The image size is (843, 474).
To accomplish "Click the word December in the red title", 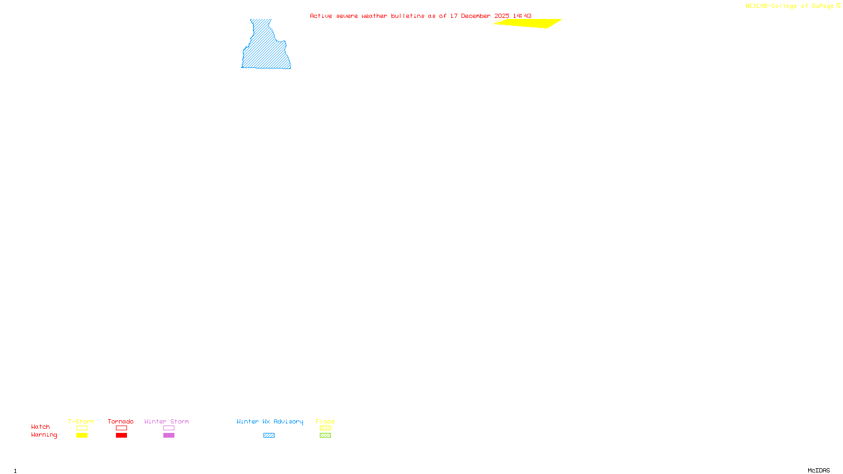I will (475, 16).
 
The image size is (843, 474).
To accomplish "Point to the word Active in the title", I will (321, 16).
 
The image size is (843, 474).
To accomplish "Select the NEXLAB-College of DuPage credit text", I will (789, 6).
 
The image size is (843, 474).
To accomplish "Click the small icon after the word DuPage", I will (838, 6).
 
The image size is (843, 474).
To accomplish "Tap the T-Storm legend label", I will (81, 421).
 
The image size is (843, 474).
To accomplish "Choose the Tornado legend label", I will (121, 421).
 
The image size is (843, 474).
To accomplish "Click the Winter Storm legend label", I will (166, 421).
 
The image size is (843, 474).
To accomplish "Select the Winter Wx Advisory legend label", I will (270, 421).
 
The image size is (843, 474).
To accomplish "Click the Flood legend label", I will (325, 421).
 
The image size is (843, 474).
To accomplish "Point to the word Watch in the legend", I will (41, 427).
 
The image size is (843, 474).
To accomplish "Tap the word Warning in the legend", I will (44, 435).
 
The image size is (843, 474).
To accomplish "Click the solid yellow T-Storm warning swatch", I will (82, 436).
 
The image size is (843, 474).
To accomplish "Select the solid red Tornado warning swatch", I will (121, 436).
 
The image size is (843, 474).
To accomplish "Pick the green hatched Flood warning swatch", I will (325, 436).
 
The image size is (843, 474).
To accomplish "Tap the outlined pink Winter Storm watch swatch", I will (169, 428).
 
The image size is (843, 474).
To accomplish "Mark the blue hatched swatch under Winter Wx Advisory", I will (269, 436).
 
